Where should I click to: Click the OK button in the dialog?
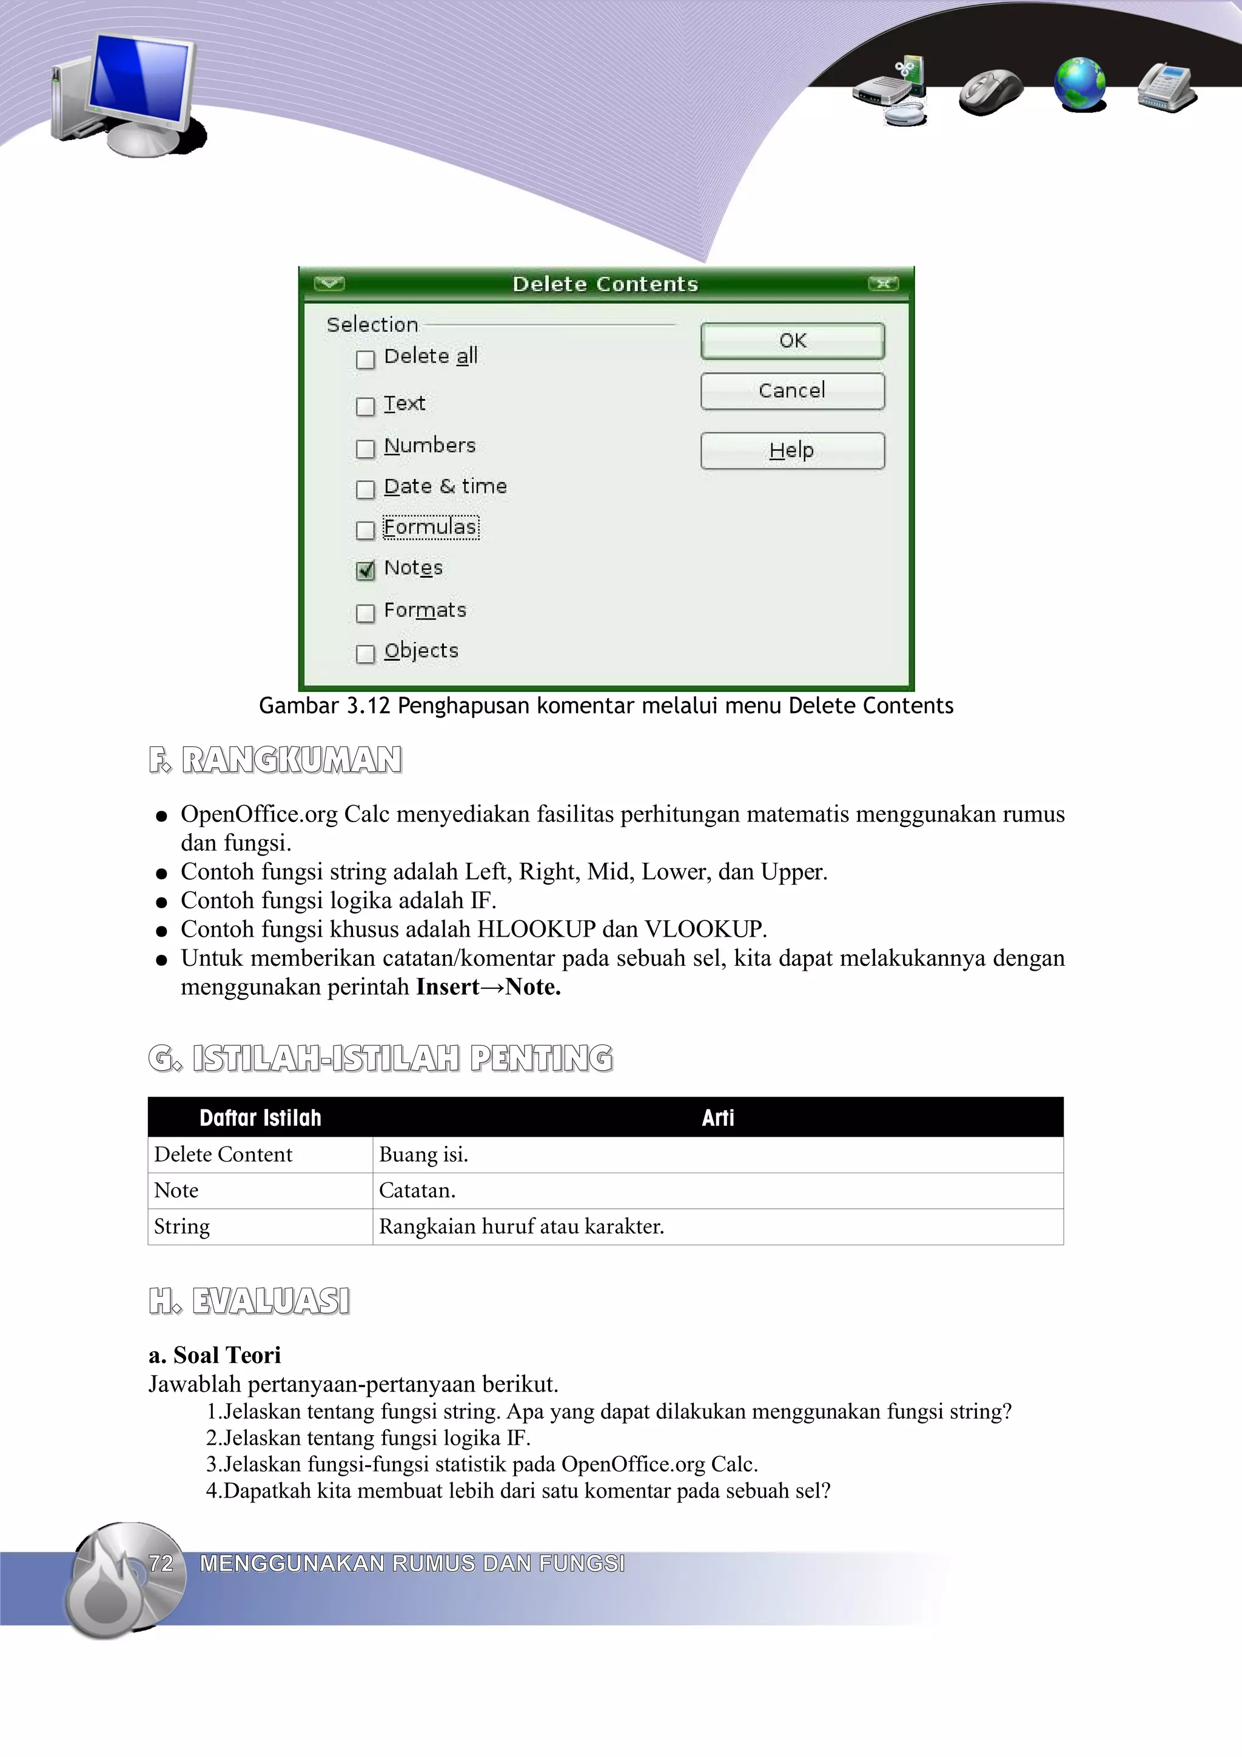[792, 341]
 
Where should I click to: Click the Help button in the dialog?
[792, 450]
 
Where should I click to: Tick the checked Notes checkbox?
[366, 570]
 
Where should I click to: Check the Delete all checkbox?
[366, 359]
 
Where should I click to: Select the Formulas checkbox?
[366, 529]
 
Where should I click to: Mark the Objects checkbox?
[366, 653]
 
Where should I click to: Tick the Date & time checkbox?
[366, 489]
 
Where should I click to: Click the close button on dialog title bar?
[883, 284]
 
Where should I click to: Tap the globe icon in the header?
[1079, 84]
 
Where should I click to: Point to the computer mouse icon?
[990, 91]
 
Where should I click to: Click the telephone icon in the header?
[1166, 87]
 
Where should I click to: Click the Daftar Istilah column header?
[260, 1118]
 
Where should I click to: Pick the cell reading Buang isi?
[423, 1155]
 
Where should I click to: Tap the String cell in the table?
[182, 1227]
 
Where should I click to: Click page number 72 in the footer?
[161, 1564]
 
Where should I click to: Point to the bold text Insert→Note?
[488, 987]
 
